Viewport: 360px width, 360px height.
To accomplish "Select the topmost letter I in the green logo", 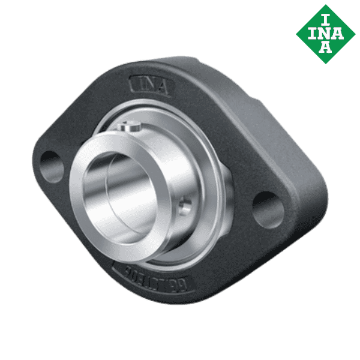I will (325, 16).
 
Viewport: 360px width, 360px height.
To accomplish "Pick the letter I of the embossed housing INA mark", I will (136, 83).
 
